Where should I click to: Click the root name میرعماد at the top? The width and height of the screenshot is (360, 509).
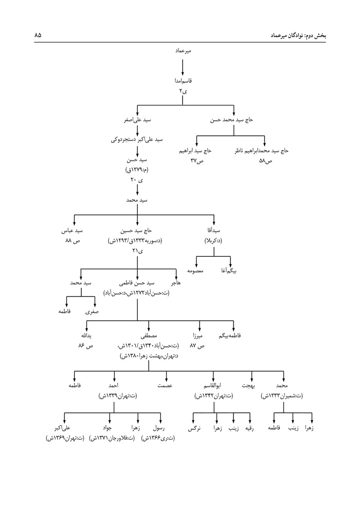[183, 52]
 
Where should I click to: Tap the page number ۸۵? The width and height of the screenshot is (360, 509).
[38, 35]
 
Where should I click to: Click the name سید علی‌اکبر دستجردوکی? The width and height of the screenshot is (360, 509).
[137, 139]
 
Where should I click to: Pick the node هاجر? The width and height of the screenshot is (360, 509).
[183, 283]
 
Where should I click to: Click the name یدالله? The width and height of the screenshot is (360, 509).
[84, 336]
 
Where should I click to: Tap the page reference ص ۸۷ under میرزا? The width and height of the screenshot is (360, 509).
[197, 346]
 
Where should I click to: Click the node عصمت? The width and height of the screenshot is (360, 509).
[165, 385]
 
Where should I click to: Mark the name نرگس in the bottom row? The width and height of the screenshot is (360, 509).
[193, 428]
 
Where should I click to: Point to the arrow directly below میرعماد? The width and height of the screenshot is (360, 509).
[183, 67]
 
